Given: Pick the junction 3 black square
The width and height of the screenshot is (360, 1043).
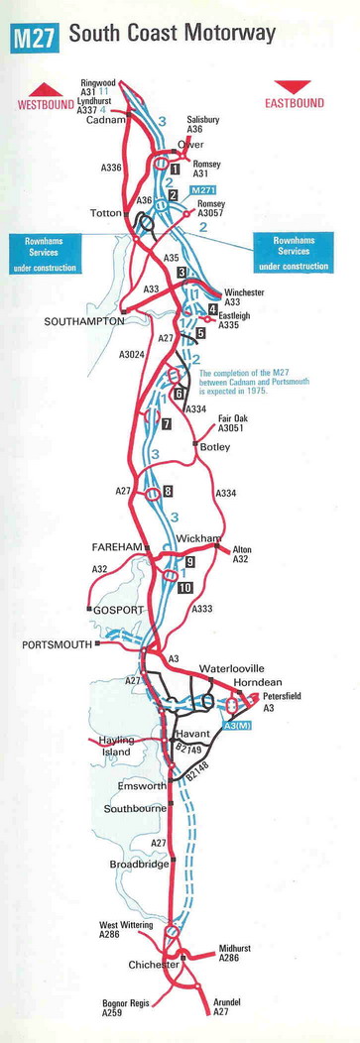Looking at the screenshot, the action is tap(182, 272).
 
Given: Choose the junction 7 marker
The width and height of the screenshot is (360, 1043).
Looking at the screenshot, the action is tap(167, 423).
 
